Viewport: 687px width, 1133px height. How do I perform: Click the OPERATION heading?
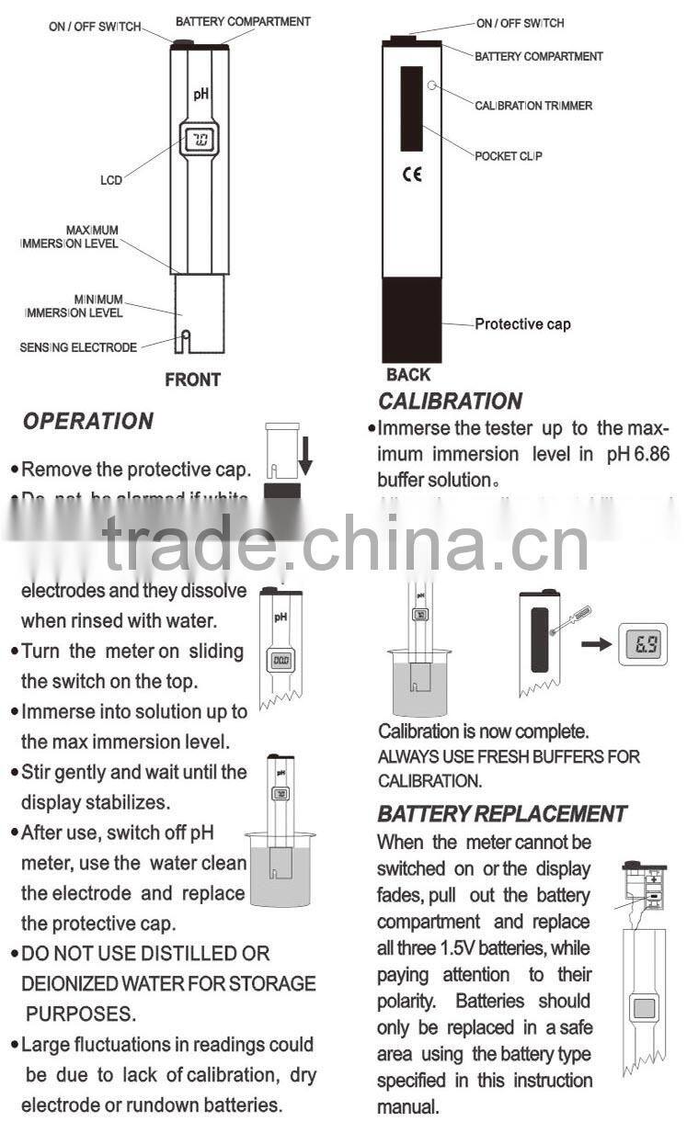(87, 421)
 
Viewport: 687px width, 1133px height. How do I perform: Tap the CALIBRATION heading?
(450, 401)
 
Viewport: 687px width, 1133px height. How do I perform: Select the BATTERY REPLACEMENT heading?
(501, 813)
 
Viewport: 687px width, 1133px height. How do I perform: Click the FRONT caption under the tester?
(193, 379)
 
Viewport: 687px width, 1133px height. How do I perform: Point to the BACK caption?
(408, 375)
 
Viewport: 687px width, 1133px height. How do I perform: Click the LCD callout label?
(110, 181)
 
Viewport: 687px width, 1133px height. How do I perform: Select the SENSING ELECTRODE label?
(78, 347)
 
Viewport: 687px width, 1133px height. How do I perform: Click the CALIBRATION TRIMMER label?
(533, 106)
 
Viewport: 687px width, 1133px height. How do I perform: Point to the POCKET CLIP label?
(509, 156)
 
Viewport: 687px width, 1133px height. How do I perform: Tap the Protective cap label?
(522, 324)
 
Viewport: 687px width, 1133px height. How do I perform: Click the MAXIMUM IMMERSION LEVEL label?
(70, 237)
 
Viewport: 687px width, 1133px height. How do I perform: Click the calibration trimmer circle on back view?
(432, 85)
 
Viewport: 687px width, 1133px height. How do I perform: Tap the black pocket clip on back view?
(411, 108)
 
